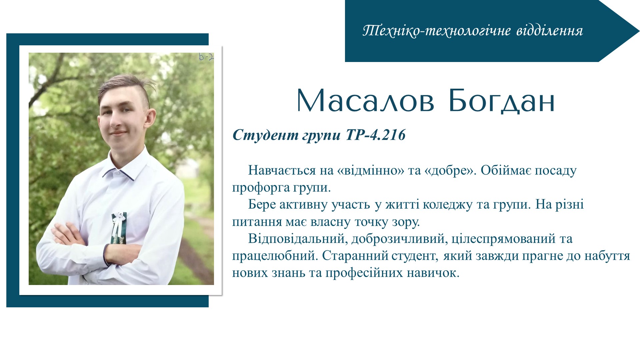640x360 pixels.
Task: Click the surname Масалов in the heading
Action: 365,100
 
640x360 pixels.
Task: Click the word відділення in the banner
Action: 550,31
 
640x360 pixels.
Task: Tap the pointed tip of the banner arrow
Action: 639,31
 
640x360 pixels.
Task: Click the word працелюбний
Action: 274,256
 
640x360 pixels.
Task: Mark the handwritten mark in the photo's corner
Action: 206,57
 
